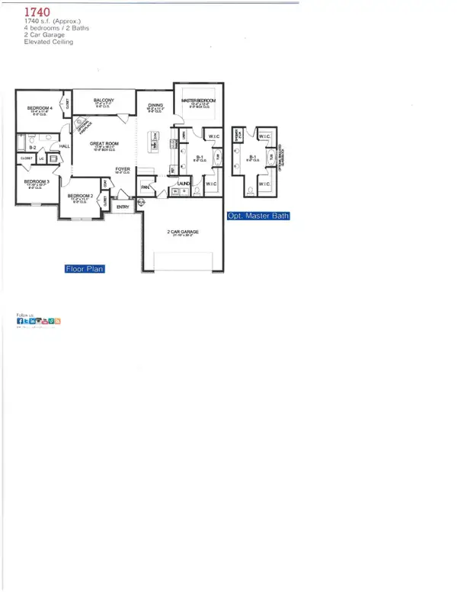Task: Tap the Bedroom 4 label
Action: point(40,108)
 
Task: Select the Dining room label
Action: point(156,106)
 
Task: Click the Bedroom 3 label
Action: point(36,181)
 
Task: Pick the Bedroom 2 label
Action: point(80,196)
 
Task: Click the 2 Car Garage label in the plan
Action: point(182,232)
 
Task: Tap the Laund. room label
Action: point(183,184)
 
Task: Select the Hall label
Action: point(65,146)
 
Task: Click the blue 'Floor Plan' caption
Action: point(84,269)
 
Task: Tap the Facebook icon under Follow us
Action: point(20,322)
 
